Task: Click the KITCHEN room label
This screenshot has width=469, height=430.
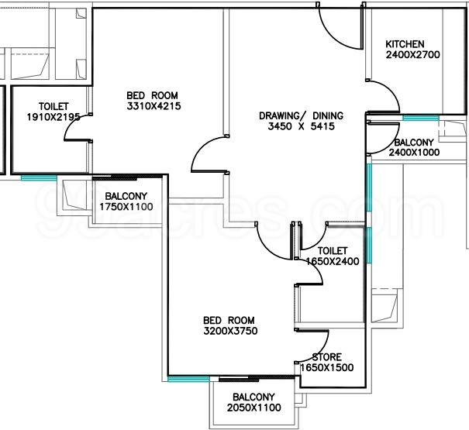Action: [405, 44]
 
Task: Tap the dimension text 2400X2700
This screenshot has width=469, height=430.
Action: [412, 55]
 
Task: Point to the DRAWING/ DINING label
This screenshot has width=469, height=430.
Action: [302, 115]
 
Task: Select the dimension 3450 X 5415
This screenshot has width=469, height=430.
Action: [302, 126]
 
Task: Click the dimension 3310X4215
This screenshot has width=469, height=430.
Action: [153, 106]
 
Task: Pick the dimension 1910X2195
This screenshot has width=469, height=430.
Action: [53, 117]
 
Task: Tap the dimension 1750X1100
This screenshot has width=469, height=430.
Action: [126, 207]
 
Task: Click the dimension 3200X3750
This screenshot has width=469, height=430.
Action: [230, 331]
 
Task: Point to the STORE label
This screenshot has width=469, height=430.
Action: [326, 357]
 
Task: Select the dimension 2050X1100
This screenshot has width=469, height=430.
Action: [254, 408]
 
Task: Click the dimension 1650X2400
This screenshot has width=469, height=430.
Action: [333, 261]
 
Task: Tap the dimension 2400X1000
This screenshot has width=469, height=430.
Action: [414, 152]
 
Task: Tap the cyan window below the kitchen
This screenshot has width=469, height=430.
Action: [420, 118]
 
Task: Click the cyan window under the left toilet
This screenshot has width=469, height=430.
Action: [39, 178]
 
